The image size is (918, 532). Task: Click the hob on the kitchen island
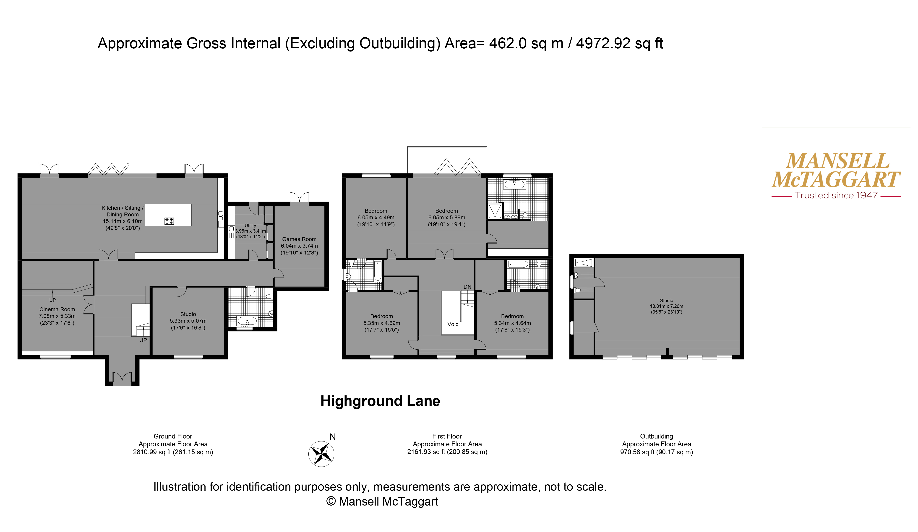click(169, 221)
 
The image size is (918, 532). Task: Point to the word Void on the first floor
click(453, 324)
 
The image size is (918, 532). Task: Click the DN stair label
click(467, 287)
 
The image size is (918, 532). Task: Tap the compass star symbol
click(321, 454)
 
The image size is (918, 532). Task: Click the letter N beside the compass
click(333, 437)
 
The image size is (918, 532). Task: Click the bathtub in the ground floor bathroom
click(247, 321)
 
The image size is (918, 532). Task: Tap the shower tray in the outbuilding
click(584, 262)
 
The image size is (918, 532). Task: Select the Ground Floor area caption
click(173, 444)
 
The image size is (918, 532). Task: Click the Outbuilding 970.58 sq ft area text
click(656, 452)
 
